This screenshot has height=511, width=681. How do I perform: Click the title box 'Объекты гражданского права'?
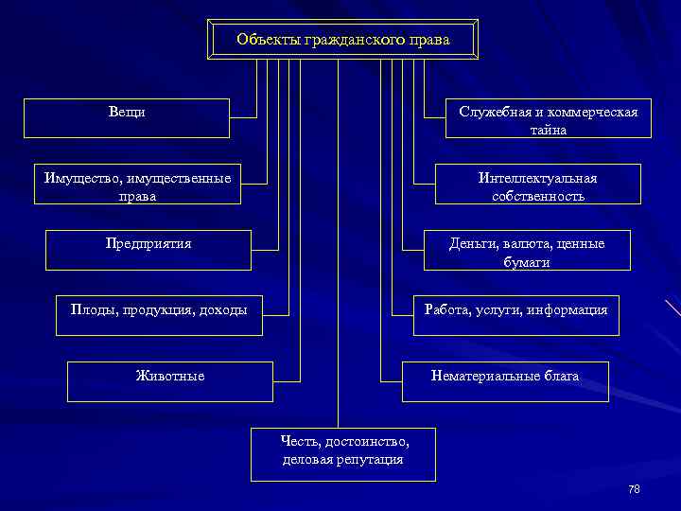(x=342, y=40)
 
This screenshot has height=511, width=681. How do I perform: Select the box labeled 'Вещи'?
(x=127, y=118)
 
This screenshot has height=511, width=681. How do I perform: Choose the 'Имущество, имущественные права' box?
(x=137, y=184)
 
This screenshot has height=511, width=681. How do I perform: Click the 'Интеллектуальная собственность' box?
(x=537, y=185)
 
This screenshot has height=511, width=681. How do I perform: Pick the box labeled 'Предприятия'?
(x=148, y=250)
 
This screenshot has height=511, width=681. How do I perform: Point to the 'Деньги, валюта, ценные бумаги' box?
(x=527, y=251)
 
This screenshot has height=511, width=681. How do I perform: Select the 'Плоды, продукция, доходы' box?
(x=159, y=315)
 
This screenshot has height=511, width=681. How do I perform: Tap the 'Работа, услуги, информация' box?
(x=515, y=315)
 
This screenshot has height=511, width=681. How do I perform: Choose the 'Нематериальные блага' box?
(x=505, y=381)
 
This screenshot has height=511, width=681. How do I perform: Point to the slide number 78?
(x=634, y=489)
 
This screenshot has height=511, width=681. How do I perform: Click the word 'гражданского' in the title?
(x=348, y=40)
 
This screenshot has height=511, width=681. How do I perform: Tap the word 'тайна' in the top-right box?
(x=549, y=131)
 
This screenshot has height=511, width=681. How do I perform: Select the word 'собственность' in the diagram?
(x=538, y=197)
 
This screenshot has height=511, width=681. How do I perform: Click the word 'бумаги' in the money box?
(x=527, y=262)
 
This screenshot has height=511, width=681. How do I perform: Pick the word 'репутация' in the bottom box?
(x=371, y=460)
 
